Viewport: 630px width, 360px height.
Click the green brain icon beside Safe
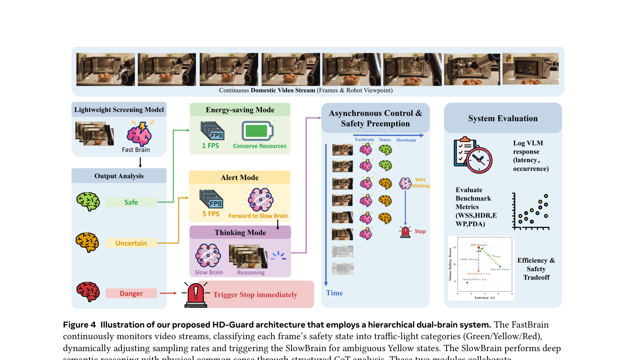point(88,202)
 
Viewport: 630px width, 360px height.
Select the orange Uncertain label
point(131,243)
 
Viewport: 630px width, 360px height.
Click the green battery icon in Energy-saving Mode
point(257,131)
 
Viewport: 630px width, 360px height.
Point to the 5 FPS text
point(211,214)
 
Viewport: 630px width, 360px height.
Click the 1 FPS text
point(211,146)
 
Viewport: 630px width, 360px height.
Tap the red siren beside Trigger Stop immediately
point(196,295)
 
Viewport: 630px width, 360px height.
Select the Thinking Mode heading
point(240,233)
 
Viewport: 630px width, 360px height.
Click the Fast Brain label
point(136,150)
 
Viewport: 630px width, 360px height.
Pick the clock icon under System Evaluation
point(479,160)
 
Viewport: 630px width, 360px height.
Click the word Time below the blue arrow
point(334,293)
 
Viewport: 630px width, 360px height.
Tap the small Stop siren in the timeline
point(405,232)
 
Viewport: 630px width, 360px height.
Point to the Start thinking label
point(421,183)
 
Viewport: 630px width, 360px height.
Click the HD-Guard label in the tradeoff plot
point(479,245)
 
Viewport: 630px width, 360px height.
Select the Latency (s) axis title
point(484,297)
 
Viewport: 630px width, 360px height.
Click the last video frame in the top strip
point(530,69)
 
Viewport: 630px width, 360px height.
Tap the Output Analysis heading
point(119,176)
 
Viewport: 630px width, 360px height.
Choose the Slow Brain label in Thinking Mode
point(209,272)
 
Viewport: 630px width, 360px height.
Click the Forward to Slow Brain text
point(258,216)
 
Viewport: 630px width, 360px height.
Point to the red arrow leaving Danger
point(168,293)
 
